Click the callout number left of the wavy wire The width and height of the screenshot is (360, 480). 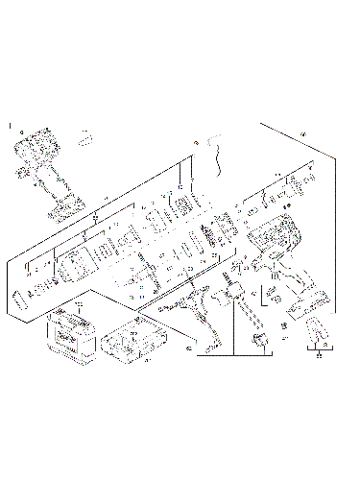[x=197, y=142]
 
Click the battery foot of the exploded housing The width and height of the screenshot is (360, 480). [x=306, y=301]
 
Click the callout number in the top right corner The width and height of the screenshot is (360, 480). [x=305, y=132]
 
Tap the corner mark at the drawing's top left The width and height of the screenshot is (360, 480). [x=10, y=125]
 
